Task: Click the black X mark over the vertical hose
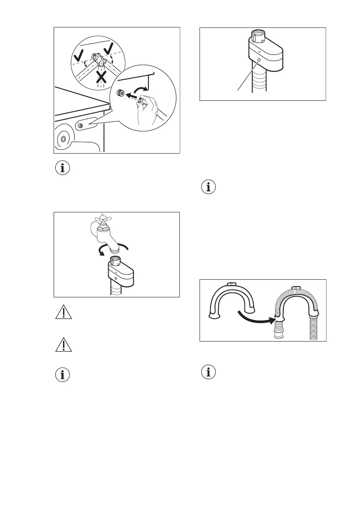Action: click(x=101, y=77)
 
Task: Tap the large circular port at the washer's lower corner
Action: click(x=64, y=139)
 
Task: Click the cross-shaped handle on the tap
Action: click(x=104, y=218)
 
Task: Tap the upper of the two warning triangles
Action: click(x=63, y=313)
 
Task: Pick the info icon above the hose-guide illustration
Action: click(x=209, y=187)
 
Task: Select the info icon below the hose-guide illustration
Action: click(x=209, y=372)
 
